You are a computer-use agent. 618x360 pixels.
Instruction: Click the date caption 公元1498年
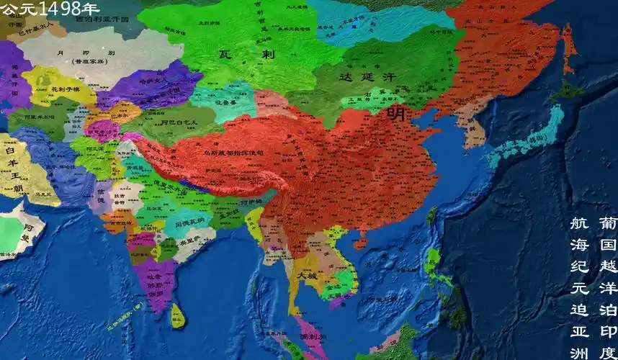(50, 9)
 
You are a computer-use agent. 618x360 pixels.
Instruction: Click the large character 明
(395, 112)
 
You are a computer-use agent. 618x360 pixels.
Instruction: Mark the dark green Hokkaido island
(569, 91)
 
